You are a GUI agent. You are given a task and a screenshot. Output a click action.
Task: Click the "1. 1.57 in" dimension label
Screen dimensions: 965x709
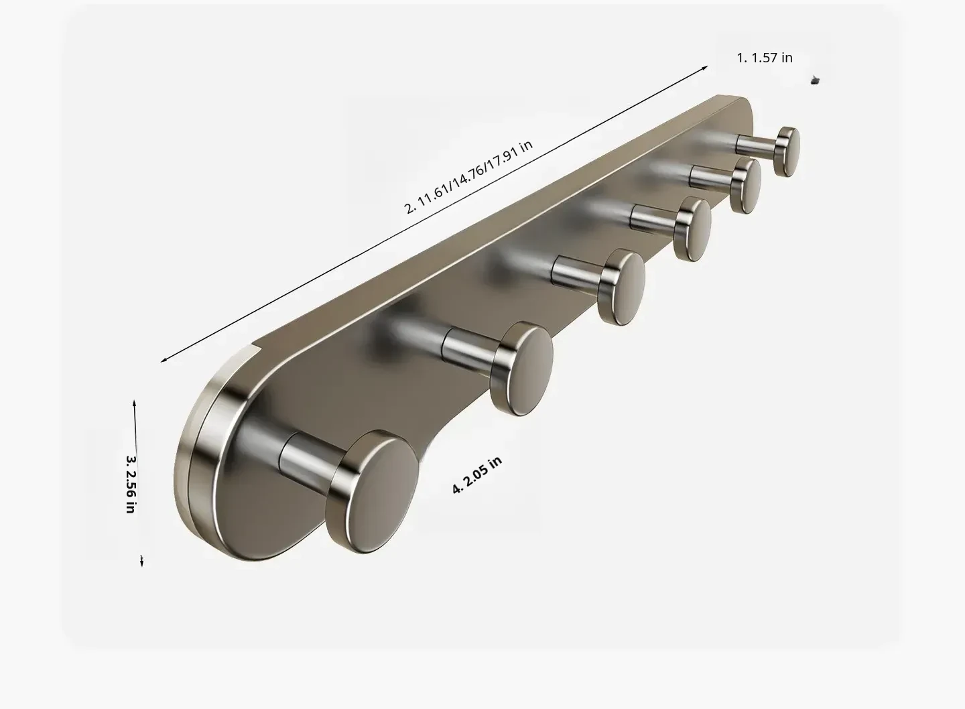764,58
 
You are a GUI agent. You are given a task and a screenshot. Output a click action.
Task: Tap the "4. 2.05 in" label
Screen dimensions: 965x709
477,474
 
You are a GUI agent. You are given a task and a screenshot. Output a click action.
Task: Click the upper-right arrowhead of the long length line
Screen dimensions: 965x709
705,68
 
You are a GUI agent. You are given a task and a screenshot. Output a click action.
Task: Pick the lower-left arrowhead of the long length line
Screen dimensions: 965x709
164,360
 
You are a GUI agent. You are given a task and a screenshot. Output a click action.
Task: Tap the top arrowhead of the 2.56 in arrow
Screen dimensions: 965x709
135,403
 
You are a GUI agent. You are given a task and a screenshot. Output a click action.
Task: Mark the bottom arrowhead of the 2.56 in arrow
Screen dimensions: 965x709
142,562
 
